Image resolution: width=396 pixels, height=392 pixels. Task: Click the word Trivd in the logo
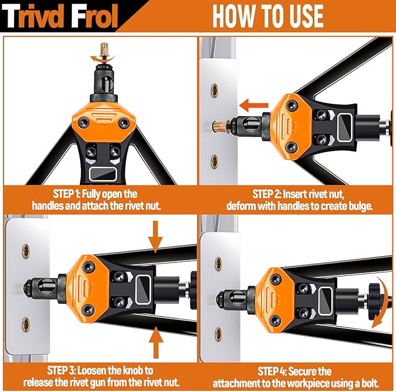click(35, 16)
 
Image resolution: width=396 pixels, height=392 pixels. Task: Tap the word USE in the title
click(302, 16)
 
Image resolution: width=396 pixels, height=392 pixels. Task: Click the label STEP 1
click(66, 194)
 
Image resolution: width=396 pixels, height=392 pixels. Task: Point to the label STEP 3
click(61, 370)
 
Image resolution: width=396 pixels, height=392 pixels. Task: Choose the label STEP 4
click(272, 371)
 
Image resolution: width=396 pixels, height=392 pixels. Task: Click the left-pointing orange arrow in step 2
click(254, 106)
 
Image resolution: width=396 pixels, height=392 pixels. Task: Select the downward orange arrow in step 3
click(156, 236)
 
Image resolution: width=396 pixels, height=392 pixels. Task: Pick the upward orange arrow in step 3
click(156, 342)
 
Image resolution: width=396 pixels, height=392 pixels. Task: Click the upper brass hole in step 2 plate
click(215, 90)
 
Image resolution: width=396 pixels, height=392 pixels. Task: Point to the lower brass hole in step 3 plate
click(26, 324)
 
